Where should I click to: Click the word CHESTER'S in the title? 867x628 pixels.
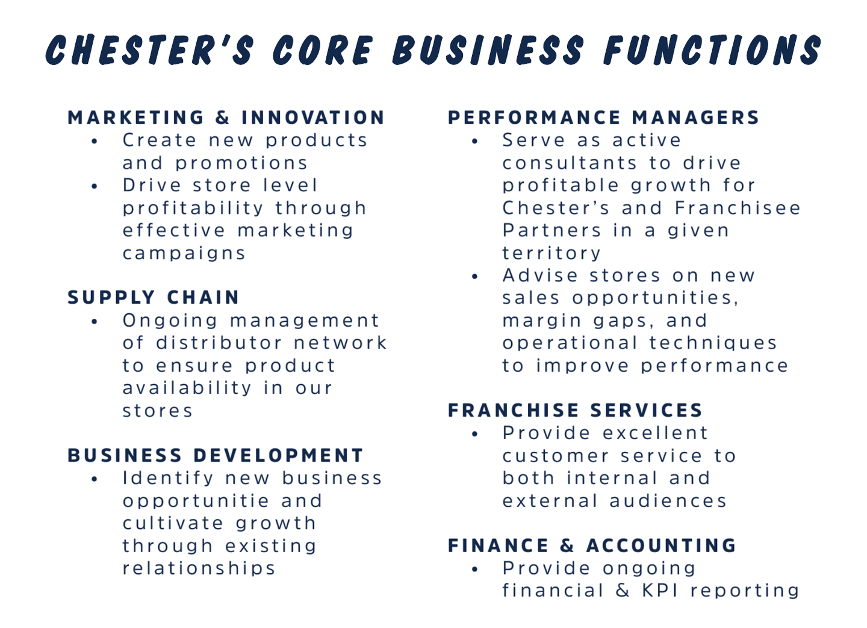[x=150, y=49]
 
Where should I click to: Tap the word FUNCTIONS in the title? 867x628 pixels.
[x=713, y=49]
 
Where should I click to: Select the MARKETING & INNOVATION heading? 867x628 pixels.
[x=226, y=117]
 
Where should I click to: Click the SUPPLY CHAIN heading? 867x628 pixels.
[x=154, y=297]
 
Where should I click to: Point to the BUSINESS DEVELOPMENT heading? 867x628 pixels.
[x=216, y=455]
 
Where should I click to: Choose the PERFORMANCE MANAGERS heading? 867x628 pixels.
[x=603, y=117]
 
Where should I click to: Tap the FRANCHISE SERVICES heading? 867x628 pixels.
[x=575, y=410]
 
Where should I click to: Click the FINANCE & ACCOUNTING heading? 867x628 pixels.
[x=592, y=545]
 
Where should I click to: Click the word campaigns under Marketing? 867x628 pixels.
[x=184, y=254]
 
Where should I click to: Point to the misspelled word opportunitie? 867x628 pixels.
[x=196, y=502]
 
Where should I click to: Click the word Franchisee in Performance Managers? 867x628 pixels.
[x=738, y=208]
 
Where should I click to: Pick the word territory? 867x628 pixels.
[x=552, y=254]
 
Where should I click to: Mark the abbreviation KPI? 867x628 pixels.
[x=660, y=591]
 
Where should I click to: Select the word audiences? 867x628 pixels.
[x=668, y=501]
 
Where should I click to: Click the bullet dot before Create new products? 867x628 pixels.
[x=95, y=141]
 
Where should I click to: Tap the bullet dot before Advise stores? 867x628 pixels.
[x=475, y=277]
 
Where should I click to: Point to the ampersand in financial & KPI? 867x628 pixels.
[x=623, y=591]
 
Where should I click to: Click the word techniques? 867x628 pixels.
[x=713, y=343]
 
